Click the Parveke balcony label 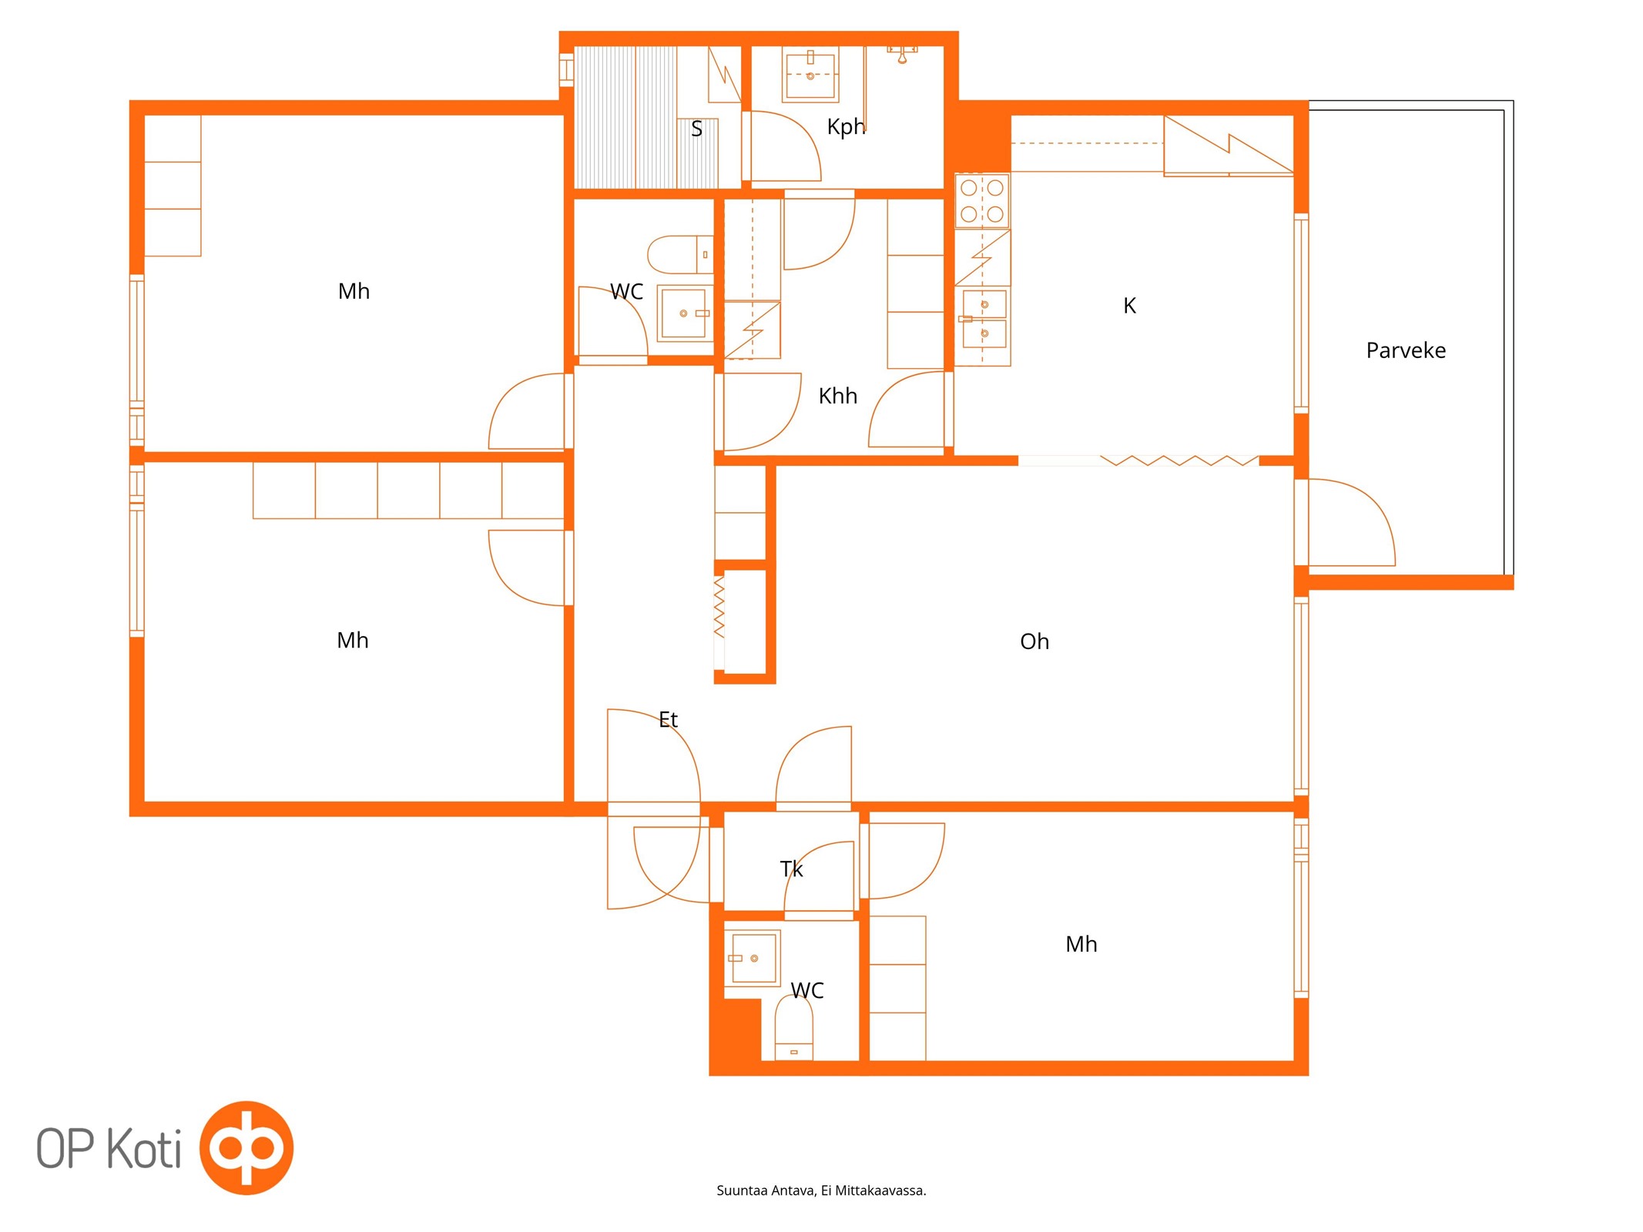(x=1405, y=350)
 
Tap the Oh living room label (x=1034, y=641)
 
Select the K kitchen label (x=1129, y=306)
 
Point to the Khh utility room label (x=837, y=396)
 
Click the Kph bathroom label (x=846, y=127)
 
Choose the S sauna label (x=696, y=129)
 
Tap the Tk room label (x=791, y=869)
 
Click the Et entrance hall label (x=668, y=719)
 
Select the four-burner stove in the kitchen (x=981, y=201)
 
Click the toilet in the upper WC (x=680, y=255)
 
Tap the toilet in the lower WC (x=793, y=1028)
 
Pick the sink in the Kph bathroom (x=810, y=75)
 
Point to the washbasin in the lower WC (x=753, y=958)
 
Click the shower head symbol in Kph (x=902, y=53)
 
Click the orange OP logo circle (x=246, y=1147)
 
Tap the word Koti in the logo (x=143, y=1148)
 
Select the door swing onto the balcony (x=1352, y=522)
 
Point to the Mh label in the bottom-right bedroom (x=1081, y=944)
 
